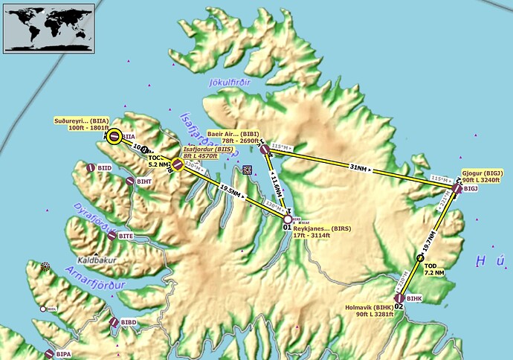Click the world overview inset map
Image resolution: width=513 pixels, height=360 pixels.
coord(49,28)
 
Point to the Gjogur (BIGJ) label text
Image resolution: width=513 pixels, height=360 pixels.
coord(483,176)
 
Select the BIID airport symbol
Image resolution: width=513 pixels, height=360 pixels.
coord(91,169)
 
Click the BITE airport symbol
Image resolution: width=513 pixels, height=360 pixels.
coord(112,236)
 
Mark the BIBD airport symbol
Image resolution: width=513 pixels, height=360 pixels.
coord(114,323)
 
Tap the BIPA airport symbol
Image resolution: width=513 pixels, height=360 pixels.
coord(50,354)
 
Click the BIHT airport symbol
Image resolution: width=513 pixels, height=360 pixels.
coord(130,181)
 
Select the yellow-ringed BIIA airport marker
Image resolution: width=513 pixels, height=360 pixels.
coord(114,136)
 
